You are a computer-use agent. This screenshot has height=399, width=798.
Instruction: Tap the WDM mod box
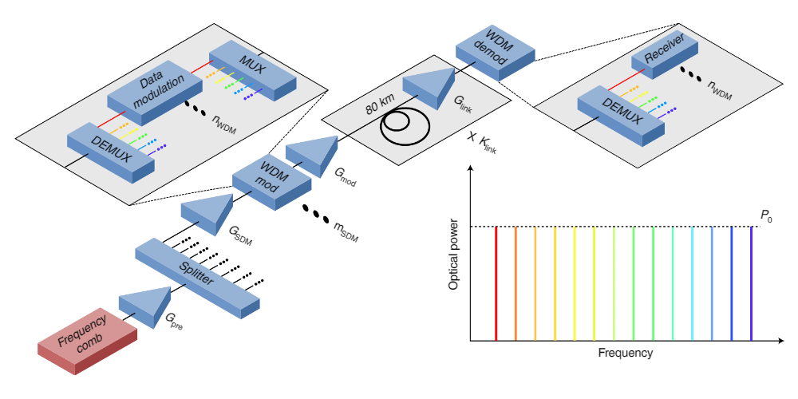[x=272, y=184]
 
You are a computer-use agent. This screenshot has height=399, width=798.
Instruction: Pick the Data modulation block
[x=154, y=93]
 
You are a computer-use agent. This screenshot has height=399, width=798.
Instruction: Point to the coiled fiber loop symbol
[x=405, y=126]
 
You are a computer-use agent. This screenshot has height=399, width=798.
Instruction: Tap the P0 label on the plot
[x=767, y=215]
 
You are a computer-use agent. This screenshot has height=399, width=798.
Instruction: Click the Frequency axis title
[x=625, y=353]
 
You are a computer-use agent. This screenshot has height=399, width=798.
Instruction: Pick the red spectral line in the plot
[x=496, y=283]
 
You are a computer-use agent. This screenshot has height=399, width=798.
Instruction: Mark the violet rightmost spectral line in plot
[x=751, y=283]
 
